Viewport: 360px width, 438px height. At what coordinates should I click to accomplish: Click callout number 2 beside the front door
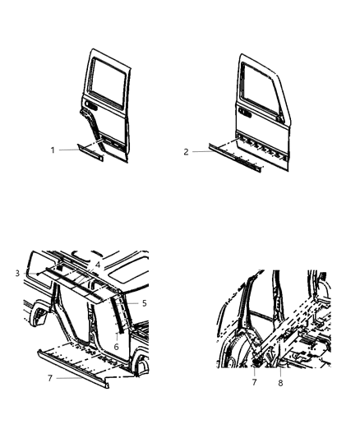point(187,152)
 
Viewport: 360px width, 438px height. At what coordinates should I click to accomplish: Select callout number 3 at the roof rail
point(16,272)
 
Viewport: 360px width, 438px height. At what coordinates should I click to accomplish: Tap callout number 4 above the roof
point(97,264)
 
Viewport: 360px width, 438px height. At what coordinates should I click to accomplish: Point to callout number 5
point(144,303)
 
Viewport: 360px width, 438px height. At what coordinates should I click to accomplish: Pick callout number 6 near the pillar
point(115,348)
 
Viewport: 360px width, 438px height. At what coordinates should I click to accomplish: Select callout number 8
point(281,382)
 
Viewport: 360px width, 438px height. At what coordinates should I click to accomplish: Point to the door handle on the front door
point(244,107)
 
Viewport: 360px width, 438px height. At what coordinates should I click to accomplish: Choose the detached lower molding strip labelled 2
point(237,160)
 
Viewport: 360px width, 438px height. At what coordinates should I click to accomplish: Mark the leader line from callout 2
point(199,152)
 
